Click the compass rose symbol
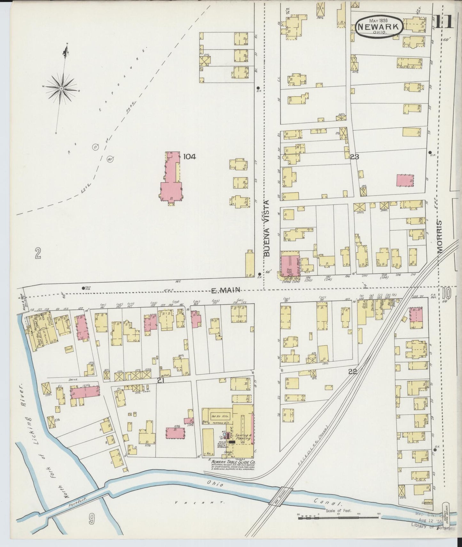pyautogui.click(x=61, y=88)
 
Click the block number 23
pyautogui.click(x=354, y=157)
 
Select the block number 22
pyautogui.click(x=353, y=371)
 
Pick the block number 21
pyautogui.click(x=161, y=380)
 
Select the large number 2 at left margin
pyautogui.click(x=38, y=254)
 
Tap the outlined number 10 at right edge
pyautogui.click(x=447, y=292)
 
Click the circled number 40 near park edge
pyautogui.click(x=109, y=159)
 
